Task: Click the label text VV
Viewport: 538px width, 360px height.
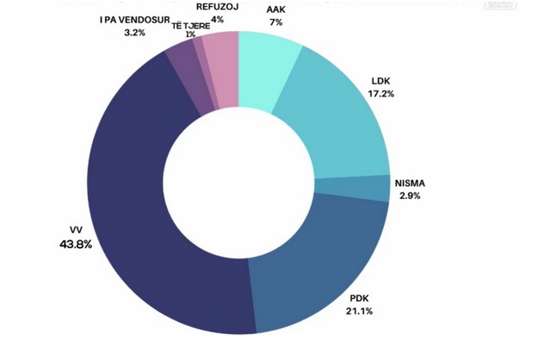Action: [74, 230]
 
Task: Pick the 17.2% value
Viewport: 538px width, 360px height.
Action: [380, 95]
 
